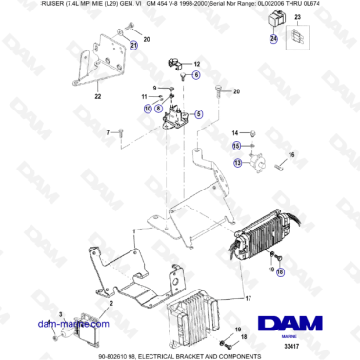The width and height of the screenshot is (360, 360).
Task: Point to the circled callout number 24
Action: [274, 39]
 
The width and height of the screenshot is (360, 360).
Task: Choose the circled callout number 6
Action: [196, 73]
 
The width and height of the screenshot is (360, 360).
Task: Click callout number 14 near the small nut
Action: [236, 130]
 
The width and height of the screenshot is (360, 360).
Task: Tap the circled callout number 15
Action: [237, 145]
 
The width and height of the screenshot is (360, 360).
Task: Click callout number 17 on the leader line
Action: [249, 296]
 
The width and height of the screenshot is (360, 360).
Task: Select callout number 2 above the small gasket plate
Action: [112, 304]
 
